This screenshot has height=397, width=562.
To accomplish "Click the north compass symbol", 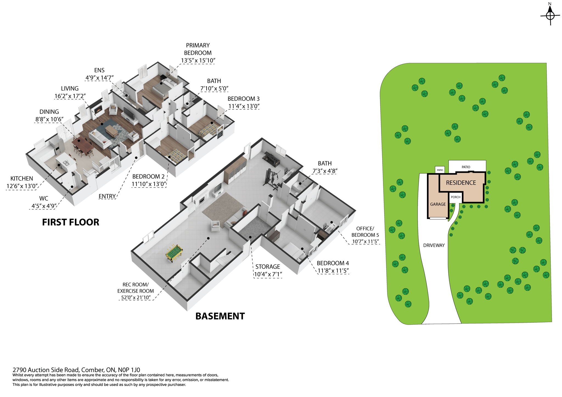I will pyautogui.click(x=550, y=15).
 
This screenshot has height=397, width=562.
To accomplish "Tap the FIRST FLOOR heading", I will pyautogui.click(x=71, y=222).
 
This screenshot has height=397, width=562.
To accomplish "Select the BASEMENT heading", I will pyautogui.click(x=220, y=316).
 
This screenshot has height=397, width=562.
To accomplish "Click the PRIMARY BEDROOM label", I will pyautogui.click(x=198, y=49).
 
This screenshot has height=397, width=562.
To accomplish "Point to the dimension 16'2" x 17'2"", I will pyautogui.click(x=70, y=96).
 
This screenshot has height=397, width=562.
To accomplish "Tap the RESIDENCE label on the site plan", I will pyautogui.click(x=461, y=183).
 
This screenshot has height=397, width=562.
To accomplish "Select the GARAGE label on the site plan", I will pyautogui.click(x=438, y=204).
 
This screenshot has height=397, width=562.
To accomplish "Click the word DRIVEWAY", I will pyautogui.click(x=434, y=245).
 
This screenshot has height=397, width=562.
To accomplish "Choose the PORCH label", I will pyautogui.click(x=456, y=197).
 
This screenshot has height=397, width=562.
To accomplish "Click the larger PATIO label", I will pyautogui.click(x=466, y=167).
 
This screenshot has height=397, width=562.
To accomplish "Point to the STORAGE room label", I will pyautogui.click(x=268, y=267).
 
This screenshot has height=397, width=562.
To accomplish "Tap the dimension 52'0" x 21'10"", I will pyautogui.click(x=136, y=297).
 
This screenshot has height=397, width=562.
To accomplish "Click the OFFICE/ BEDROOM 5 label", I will pyautogui.click(x=365, y=232).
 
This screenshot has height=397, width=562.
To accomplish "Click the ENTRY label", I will pyautogui.click(x=107, y=196).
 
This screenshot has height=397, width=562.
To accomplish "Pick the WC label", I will pyautogui.click(x=44, y=198).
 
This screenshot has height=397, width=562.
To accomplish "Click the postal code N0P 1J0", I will pyautogui.click(x=129, y=370).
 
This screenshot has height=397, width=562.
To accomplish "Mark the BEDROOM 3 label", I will pyautogui.click(x=243, y=99).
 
